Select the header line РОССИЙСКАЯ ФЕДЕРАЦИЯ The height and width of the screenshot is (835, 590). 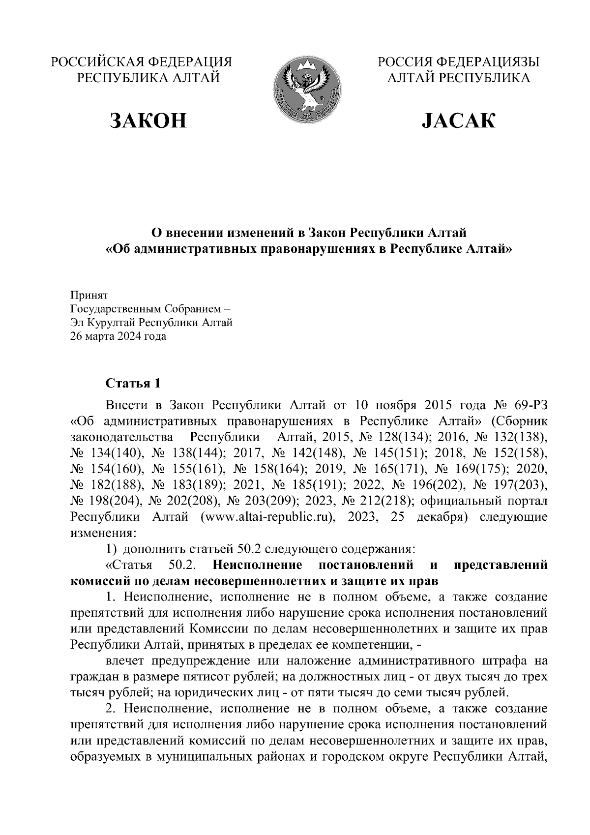coord(142,62)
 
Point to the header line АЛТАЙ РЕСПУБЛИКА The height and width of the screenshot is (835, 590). coord(458,78)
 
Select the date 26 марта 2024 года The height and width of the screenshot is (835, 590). coord(118,337)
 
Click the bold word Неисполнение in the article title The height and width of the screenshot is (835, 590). coord(258,565)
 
